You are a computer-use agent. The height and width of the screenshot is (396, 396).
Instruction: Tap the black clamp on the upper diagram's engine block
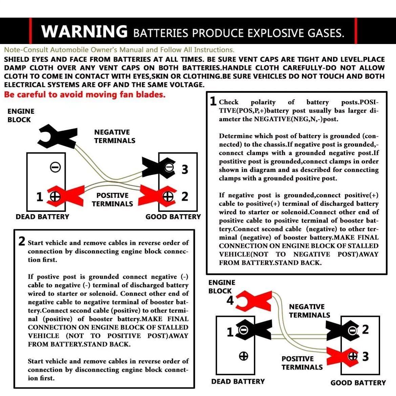[58, 136]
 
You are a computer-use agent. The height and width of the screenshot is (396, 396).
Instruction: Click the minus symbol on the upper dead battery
[55, 167]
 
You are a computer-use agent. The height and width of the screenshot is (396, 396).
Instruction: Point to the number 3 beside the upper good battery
[185, 170]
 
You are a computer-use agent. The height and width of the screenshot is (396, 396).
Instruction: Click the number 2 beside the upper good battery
[185, 196]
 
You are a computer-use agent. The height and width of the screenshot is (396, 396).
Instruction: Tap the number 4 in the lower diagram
[230, 300]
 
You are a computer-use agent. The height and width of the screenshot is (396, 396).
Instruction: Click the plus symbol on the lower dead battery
[243, 356]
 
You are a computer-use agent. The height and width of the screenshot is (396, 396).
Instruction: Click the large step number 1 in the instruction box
[214, 101]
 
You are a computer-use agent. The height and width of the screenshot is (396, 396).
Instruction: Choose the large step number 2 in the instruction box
[22, 241]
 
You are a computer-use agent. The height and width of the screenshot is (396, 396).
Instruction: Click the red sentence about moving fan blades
[85, 95]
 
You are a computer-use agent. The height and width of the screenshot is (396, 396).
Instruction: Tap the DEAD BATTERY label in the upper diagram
[42, 217]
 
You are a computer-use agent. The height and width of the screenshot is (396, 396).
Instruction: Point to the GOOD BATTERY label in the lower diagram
[358, 383]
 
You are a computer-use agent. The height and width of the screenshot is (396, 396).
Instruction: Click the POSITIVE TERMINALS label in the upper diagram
[112, 199]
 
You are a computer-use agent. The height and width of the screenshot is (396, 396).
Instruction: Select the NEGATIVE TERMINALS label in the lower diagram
[310, 311]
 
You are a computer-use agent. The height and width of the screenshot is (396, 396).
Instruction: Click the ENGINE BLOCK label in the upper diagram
[21, 115]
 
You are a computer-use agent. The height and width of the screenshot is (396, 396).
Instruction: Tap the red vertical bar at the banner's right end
[356, 31]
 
